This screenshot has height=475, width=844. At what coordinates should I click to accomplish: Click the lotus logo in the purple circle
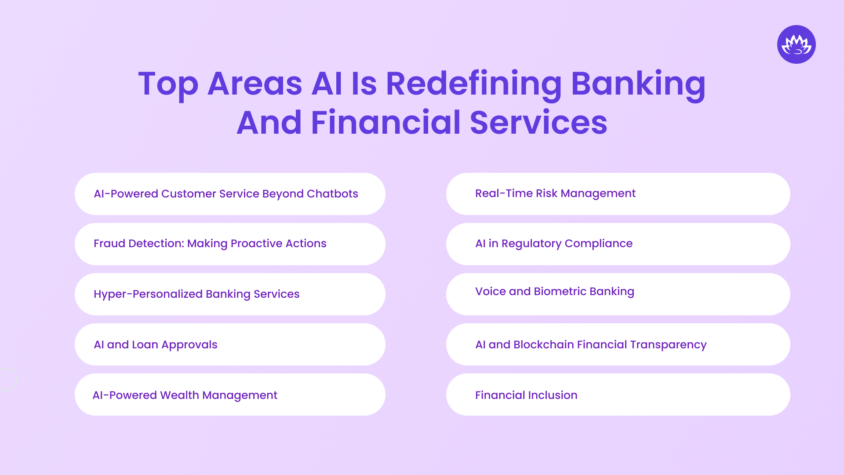coord(796,44)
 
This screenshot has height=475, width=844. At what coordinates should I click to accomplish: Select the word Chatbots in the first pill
coord(332,194)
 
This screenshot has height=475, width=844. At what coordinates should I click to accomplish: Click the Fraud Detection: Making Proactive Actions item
coord(210,244)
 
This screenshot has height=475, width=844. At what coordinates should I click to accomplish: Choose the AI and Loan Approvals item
coord(155,345)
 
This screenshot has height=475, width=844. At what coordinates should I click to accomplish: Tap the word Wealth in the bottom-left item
coord(179,395)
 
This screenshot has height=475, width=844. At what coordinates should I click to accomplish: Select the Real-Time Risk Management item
coord(555,194)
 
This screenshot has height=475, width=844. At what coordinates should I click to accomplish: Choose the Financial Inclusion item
coord(526,395)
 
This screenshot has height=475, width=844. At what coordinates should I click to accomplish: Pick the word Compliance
coord(598,244)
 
